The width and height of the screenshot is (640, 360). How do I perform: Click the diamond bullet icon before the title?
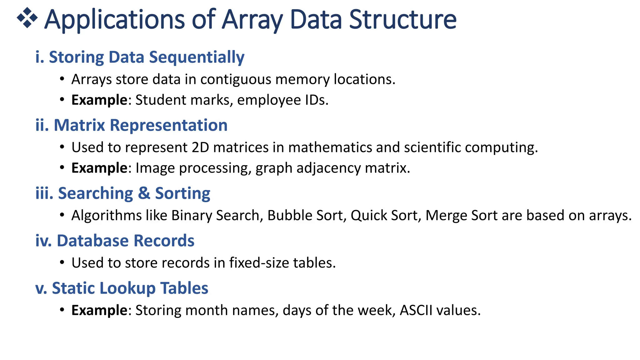(x=27, y=18)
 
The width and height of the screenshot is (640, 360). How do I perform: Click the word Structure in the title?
(x=402, y=19)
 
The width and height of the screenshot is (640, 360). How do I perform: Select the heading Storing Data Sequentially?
(x=140, y=57)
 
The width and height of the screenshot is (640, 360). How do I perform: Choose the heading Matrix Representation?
(x=131, y=125)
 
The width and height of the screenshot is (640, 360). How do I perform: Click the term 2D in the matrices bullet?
(x=200, y=147)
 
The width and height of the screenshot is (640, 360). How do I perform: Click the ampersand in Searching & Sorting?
(x=144, y=193)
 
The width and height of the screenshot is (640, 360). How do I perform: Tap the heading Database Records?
(x=115, y=241)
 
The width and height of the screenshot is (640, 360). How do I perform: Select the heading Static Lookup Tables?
(x=122, y=288)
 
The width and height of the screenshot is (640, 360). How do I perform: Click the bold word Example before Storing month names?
(x=99, y=310)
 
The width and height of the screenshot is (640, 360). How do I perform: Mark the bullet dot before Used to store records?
(x=62, y=263)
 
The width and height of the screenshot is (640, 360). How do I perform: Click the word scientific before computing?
(x=432, y=147)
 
